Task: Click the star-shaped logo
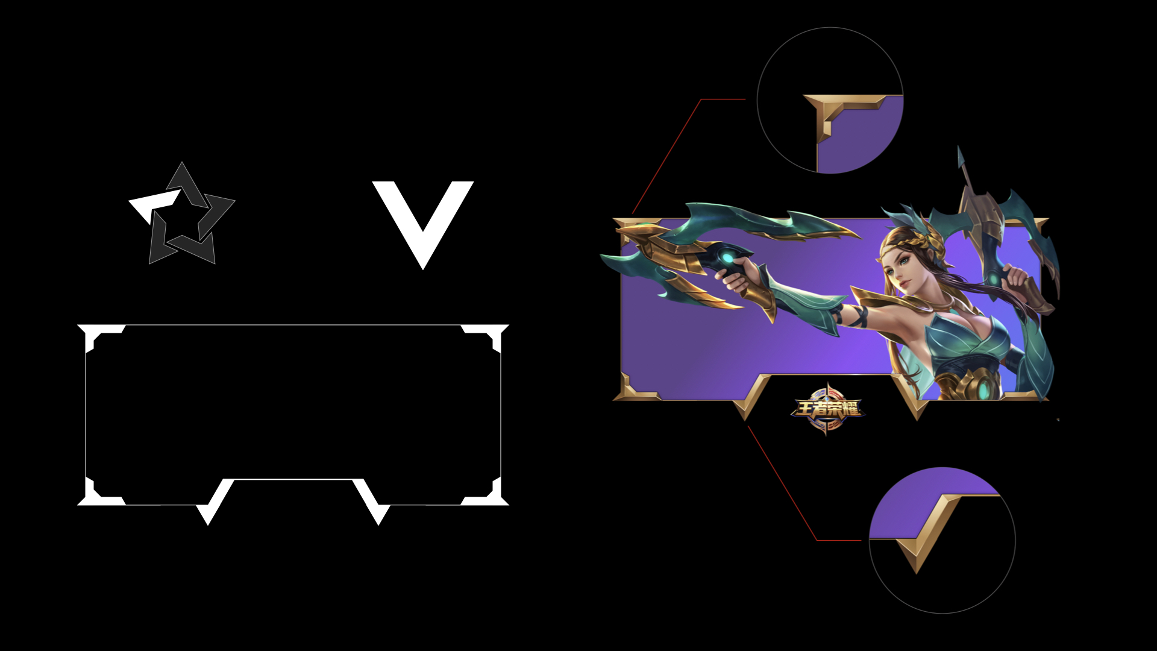(182, 213)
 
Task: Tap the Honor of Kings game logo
(827, 408)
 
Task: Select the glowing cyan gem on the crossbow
(729, 259)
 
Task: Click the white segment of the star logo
(154, 206)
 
